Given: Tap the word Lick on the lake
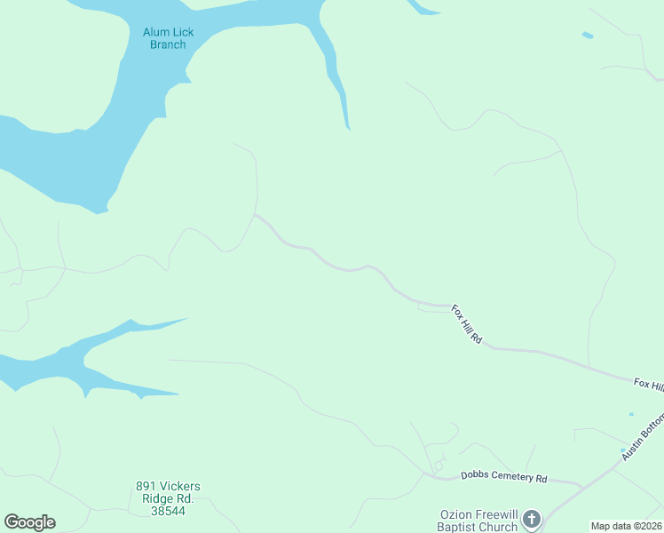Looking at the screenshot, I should coord(182,33).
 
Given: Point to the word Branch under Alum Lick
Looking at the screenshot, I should coord(168,44).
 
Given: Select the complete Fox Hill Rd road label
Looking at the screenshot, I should coord(466,324).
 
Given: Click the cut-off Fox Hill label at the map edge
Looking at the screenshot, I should coord(648,384).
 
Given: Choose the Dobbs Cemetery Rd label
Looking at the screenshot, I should coord(503,477).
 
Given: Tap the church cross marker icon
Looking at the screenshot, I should coord(531,519).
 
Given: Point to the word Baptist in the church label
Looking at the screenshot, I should coord(463,527).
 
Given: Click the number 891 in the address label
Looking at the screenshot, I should coord(146,487).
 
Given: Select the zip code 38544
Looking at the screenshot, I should coord(168,512).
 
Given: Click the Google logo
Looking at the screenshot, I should coord(29,522).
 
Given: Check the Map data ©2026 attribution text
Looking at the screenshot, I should coord(626,526).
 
